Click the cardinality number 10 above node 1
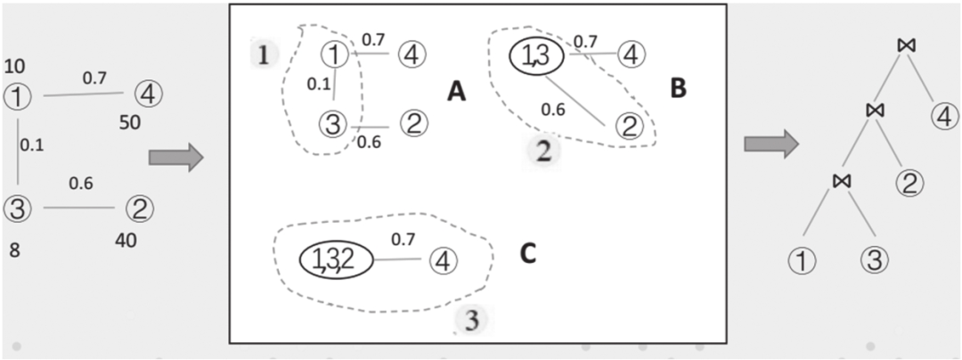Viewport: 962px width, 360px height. (x=14, y=66)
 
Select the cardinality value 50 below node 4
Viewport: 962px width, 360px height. (x=129, y=122)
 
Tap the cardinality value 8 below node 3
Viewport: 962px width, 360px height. (x=13, y=250)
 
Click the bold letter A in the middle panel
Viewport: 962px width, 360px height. (x=457, y=92)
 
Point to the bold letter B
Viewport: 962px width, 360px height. (x=678, y=87)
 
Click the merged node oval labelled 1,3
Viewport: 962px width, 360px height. (x=535, y=56)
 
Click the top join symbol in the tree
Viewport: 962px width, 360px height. (x=908, y=45)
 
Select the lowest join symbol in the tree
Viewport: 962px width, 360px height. (x=842, y=181)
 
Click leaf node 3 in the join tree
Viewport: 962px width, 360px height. (x=874, y=262)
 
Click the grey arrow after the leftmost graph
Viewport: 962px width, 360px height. (x=175, y=158)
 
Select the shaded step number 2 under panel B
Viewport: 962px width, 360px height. (x=544, y=150)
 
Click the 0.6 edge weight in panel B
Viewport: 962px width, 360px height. (x=553, y=110)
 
